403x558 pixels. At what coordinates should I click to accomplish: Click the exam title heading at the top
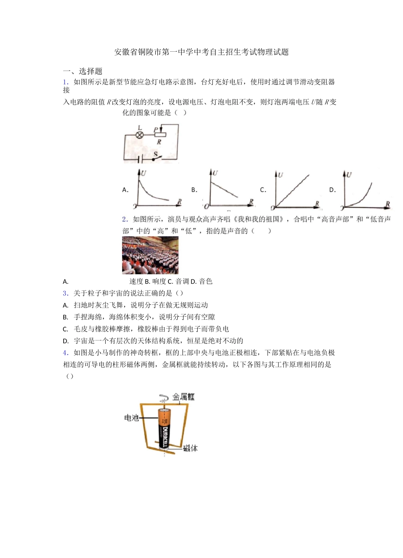(201, 52)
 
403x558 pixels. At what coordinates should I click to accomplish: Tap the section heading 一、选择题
(83, 71)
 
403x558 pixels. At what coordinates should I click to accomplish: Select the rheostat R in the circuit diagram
(160, 135)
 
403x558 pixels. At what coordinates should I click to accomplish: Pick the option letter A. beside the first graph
(125, 190)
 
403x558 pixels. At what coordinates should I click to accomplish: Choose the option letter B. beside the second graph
(194, 190)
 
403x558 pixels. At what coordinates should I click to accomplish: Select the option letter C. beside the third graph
(263, 190)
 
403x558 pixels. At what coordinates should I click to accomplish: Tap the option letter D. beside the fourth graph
(333, 190)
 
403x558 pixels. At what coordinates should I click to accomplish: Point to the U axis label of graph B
(215, 173)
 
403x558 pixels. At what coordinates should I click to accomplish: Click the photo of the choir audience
(150, 255)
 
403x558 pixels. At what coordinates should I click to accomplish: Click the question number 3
(65, 293)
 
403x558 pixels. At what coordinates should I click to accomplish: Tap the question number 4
(65, 352)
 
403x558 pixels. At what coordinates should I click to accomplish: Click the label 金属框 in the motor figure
(183, 397)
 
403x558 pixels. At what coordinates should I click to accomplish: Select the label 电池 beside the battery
(131, 418)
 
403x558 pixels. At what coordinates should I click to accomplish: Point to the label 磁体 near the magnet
(190, 448)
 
